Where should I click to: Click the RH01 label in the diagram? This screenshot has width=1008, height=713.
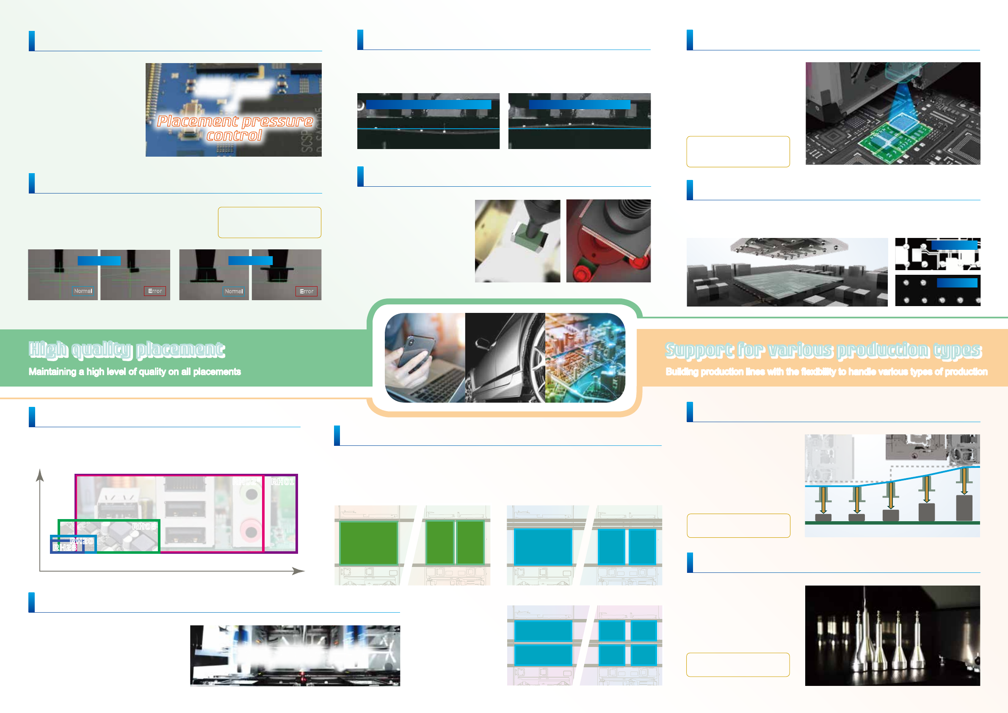[282, 482]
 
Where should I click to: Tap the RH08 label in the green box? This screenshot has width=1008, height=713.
[144, 526]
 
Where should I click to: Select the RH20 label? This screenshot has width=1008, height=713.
[82, 542]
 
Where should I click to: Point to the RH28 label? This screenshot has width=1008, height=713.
[65, 547]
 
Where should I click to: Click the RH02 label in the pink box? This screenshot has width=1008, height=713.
[245, 482]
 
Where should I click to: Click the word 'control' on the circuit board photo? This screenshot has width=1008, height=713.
[234, 135]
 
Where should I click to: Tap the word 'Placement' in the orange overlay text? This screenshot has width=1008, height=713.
[198, 121]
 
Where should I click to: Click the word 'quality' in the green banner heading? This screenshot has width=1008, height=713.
[102, 349]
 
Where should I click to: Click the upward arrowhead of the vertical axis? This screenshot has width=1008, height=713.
[40, 475]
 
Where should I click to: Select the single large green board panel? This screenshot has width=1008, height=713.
[368, 542]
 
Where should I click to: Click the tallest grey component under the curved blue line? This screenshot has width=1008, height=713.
[964, 508]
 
